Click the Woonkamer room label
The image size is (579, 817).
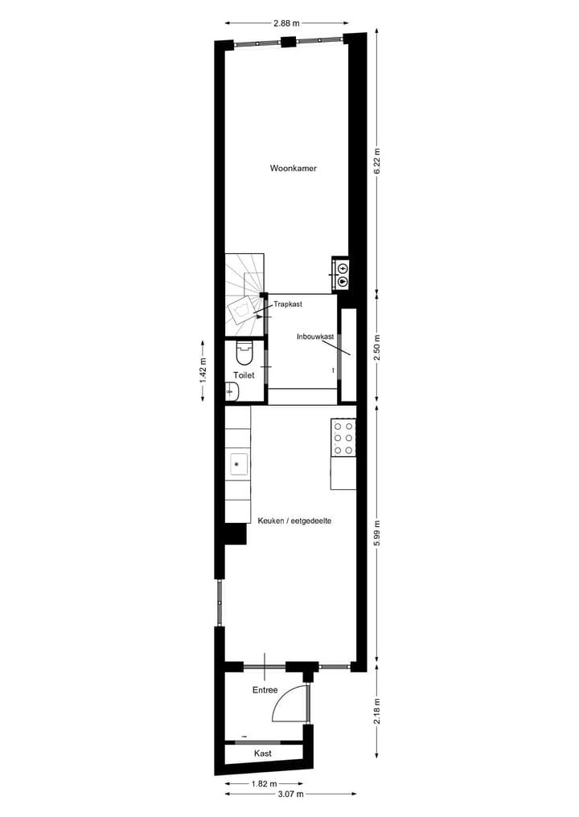tap(293, 169)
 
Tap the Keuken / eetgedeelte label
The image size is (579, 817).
tap(295, 521)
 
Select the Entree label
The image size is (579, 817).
tap(265, 690)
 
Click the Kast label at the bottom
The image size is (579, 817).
tap(262, 754)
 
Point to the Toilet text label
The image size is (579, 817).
tap(244, 375)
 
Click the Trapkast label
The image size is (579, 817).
tap(287, 304)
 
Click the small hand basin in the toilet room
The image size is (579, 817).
tap(232, 391)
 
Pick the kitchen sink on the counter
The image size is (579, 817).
tap(238, 463)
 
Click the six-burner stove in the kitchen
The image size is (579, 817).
tap(344, 439)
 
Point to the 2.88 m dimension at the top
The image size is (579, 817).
tap(286, 23)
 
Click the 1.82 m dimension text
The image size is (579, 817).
tap(265, 784)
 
